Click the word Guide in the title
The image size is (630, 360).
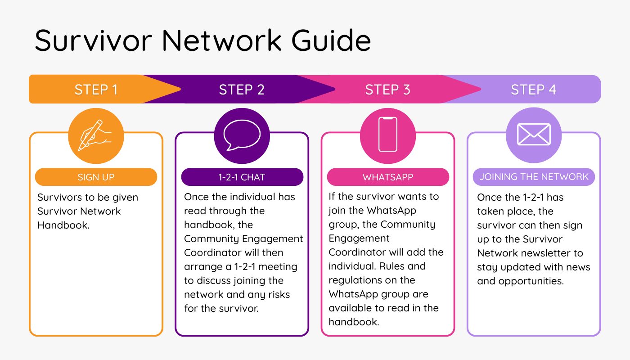tap(331, 40)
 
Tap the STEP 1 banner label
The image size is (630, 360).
tap(96, 90)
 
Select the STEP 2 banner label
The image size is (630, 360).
tap(242, 90)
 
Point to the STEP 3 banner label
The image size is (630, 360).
tap(387, 90)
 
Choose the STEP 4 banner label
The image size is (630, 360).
tap(533, 90)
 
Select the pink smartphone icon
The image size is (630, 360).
tap(387, 135)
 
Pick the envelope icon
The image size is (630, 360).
tap(534, 135)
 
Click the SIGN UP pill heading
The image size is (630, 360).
tap(96, 177)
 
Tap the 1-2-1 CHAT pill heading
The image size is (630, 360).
tap(242, 177)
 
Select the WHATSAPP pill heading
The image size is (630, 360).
tap(387, 177)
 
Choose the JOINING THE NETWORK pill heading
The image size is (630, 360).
tap(534, 176)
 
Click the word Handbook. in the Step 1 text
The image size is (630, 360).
tap(63, 225)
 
